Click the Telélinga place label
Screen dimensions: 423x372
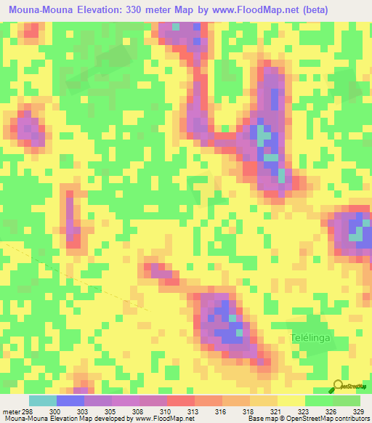tap(313, 339)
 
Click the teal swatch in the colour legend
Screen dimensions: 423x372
tap(43, 400)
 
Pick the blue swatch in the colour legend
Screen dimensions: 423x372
tap(70, 400)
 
